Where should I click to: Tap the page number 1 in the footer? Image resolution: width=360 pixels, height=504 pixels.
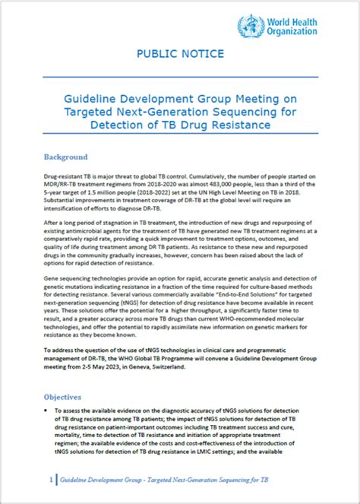tap(49, 481)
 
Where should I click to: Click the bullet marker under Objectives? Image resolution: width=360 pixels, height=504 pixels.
tap(47, 411)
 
